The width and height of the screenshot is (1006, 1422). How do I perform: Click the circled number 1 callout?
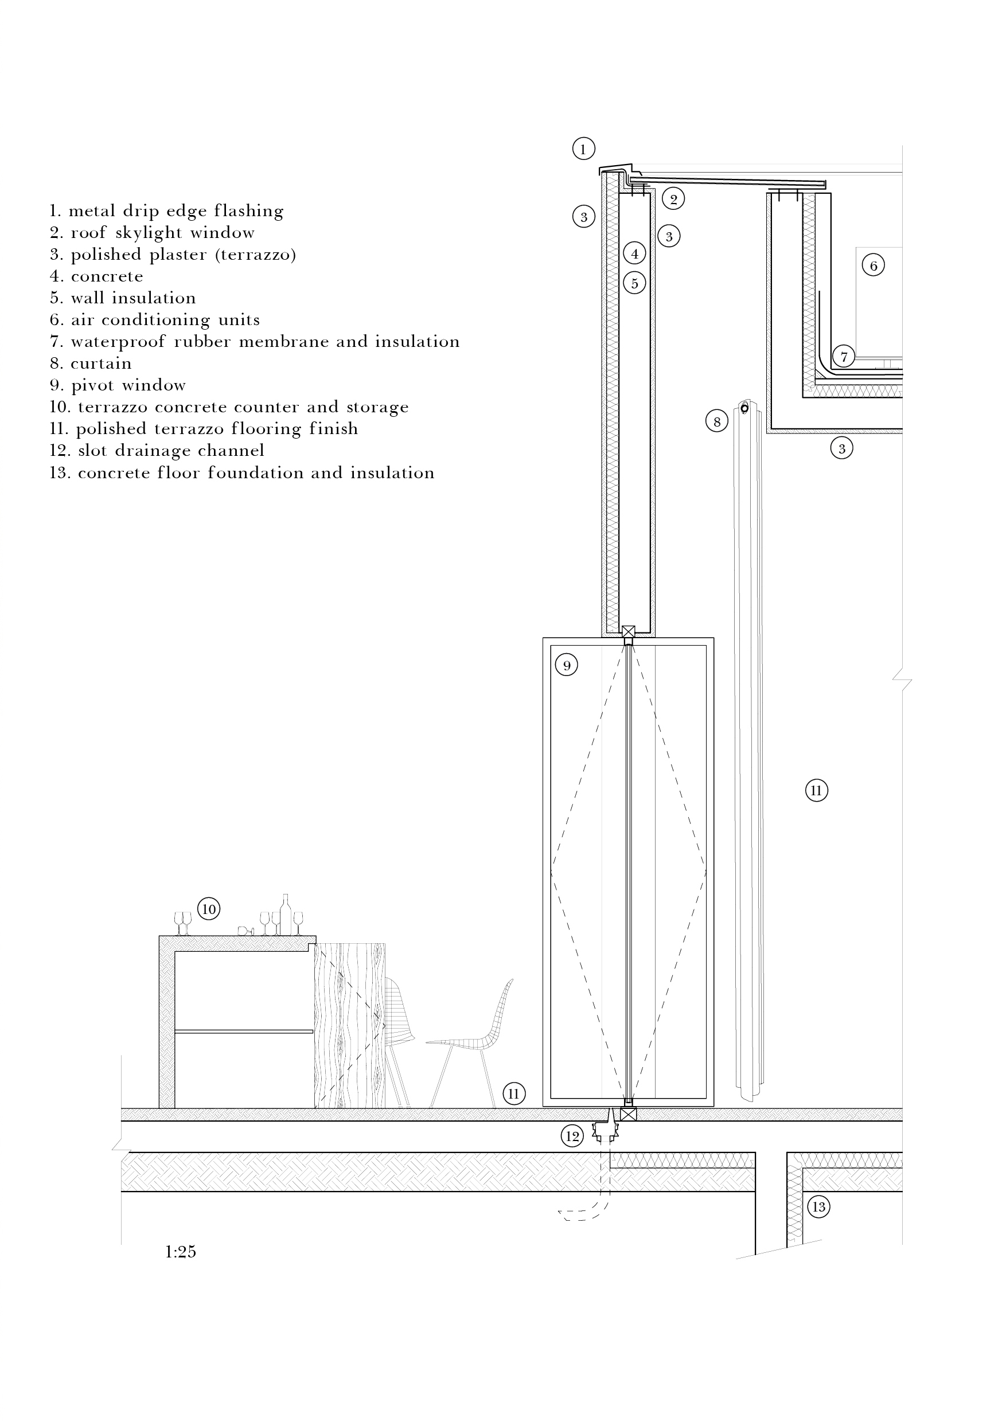(x=583, y=149)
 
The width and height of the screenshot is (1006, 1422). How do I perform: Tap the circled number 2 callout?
(x=673, y=199)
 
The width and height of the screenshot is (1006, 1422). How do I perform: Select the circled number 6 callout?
(x=874, y=265)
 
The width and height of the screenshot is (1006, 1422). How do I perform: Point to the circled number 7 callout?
(x=844, y=356)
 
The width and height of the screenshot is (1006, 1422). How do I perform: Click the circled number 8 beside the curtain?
(x=717, y=422)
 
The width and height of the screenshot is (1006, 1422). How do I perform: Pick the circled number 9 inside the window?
(x=566, y=666)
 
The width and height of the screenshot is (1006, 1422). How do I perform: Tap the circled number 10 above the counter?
(x=209, y=909)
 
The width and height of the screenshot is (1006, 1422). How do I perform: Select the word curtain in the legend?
(x=101, y=364)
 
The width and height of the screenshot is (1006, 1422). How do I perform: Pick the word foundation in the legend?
(x=255, y=473)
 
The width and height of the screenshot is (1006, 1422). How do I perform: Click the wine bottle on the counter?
(x=285, y=915)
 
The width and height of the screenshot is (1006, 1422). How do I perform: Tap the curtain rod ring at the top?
(x=744, y=408)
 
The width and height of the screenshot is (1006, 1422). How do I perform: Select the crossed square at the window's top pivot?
(x=628, y=632)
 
